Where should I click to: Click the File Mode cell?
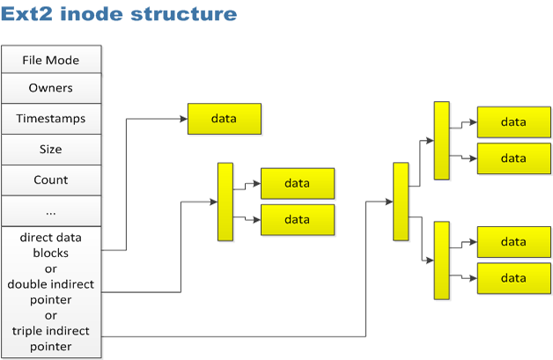[x=51, y=60]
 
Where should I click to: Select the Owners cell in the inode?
[x=51, y=88]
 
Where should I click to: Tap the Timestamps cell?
[x=51, y=119]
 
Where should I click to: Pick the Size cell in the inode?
[x=51, y=149]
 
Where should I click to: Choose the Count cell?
[x=51, y=180]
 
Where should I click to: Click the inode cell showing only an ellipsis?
[x=51, y=211]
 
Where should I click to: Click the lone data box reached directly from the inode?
[x=225, y=119]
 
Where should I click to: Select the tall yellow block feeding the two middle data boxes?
[x=225, y=202]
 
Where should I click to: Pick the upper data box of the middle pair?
[x=298, y=183]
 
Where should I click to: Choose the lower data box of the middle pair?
[x=298, y=219]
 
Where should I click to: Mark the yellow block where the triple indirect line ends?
[x=402, y=202]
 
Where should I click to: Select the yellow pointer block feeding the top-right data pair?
[x=441, y=141]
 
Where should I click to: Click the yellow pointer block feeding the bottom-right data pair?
[x=441, y=261]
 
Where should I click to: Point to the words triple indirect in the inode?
[x=51, y=331]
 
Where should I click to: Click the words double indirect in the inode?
[x=51, y=284]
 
